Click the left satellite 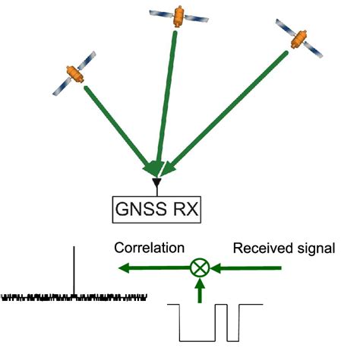coord(74,74)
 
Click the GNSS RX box coord(157,208)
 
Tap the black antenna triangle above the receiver coord(156,184)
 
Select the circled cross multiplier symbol coord(200,267)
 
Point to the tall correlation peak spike coord(74,270)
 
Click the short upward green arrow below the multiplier coord(200,290)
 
